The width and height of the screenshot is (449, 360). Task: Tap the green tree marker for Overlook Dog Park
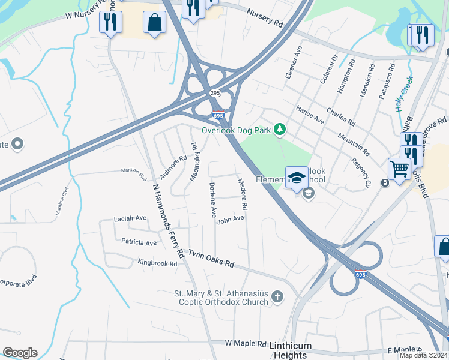[x=279, y=129]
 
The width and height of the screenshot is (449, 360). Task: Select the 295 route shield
[x=215, y=93]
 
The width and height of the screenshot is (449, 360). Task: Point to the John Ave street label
[x=231, y=220]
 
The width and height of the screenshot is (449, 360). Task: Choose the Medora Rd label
[x=243, y=193]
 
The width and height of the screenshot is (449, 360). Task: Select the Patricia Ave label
[x=139, y=243]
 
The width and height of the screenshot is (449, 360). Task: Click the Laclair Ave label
[x=130, y=218]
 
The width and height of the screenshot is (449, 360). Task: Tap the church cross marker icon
[x=277, y=296]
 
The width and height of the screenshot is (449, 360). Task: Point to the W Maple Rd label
[x=245, y=344]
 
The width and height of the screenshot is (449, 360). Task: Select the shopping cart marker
[x=399, y=169]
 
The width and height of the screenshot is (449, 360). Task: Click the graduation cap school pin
[x=297, y=178]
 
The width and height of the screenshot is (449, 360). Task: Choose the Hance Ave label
[x=310, y=113]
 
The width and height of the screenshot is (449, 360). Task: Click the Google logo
[x=20, y=352]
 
